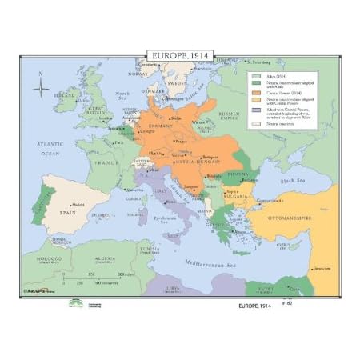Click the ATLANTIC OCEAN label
(50, 149)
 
